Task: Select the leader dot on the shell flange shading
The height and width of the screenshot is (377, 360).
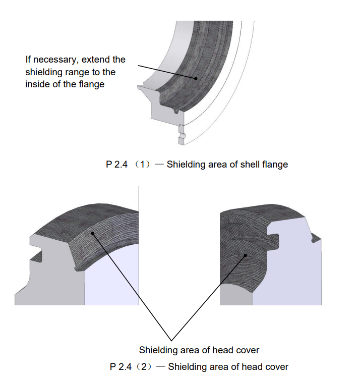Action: click(195, 78)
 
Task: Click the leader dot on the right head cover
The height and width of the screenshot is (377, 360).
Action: click(246, 255)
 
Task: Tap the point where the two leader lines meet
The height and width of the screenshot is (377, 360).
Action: click(171, 340)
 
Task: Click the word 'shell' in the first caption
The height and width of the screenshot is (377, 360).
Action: click(242, 165)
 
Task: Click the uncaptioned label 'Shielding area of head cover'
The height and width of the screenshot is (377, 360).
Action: click(199, 350)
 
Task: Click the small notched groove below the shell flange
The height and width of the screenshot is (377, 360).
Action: click(182, 135)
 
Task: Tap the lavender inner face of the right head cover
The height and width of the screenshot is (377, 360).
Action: click(287, 283)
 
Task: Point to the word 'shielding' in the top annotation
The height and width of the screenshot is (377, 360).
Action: click(43, 72)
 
